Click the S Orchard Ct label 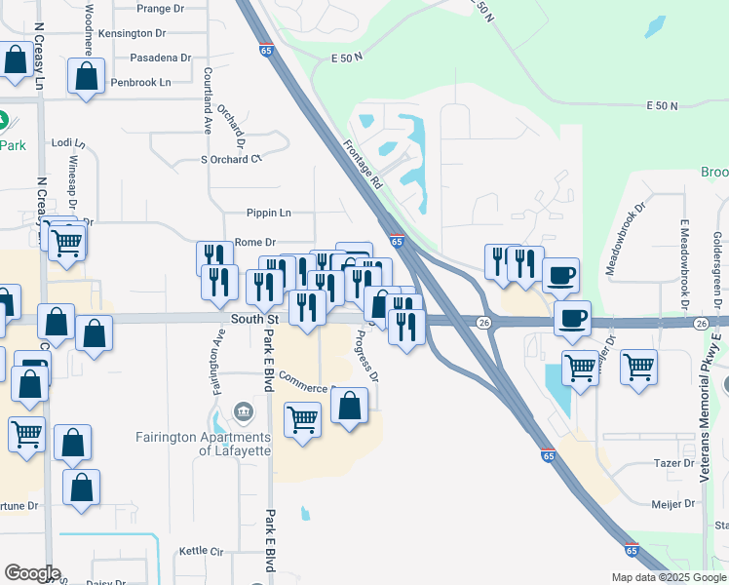(x=232, y=159)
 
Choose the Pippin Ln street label (x=270, y=213)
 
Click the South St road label (x=255, y=319)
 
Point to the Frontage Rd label (x=363, y=163)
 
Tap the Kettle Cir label (x=202, y=552)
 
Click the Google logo (x=32, y=573)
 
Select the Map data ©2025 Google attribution (x=668, y=577)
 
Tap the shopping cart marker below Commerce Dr (x=303, y=420)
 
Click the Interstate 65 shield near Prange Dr (x=266, y=50)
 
